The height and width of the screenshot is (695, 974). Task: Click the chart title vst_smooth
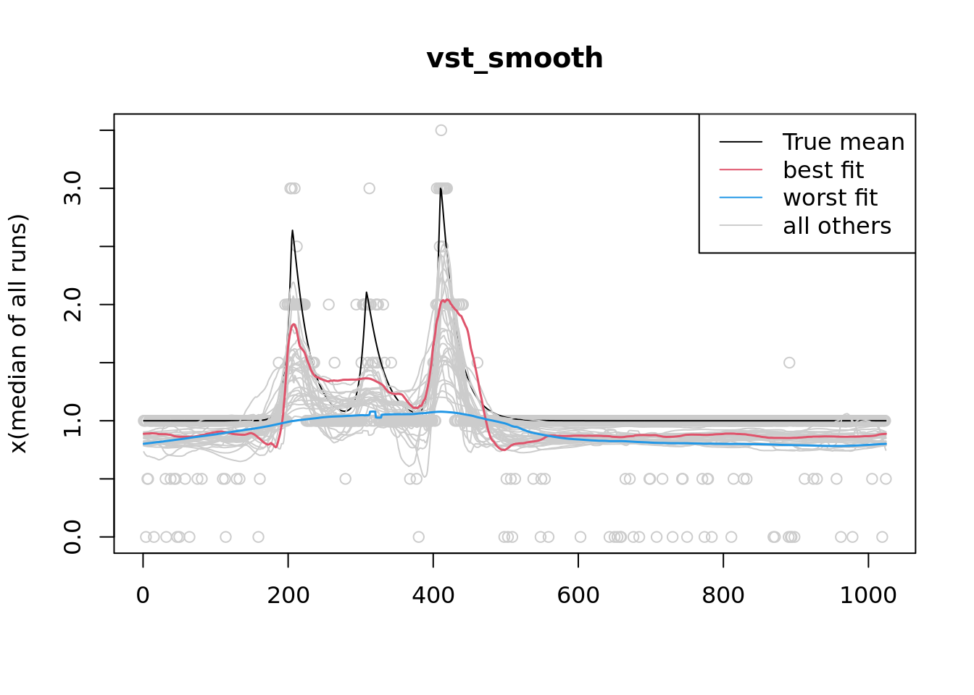(x=515, y=59)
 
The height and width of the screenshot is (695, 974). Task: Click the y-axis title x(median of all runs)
(x=19, y=334)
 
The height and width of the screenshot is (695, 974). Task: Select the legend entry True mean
(x=843, y=142)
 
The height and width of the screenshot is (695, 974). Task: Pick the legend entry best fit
(x=823, y=170)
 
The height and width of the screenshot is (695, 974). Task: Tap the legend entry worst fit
(x=830, y=198)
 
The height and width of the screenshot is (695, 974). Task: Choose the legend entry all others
(x=836, y=226)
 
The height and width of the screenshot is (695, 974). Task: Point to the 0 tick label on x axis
(x=143, y=595)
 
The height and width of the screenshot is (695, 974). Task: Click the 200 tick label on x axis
(x=288, y=595)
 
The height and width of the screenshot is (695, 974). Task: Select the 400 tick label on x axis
(x=433, y=595)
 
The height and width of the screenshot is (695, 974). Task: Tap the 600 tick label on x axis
(x=578, y=595)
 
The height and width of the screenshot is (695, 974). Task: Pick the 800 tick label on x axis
(x=723, y=595)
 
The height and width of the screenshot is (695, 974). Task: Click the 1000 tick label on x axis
(x=868, y=595)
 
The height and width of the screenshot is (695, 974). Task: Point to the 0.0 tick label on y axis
(x=72, y=537)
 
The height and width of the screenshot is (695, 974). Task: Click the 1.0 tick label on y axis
(x=72, y=421)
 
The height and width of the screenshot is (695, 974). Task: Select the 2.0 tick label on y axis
(x=72, y=305)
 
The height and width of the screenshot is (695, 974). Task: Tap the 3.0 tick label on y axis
(x=72, y=188)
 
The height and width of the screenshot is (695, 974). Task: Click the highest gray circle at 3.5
(x=441, y=130)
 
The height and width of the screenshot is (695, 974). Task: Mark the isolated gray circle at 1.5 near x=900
(x=789, y=363)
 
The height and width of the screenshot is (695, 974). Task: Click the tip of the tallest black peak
(x=441, y=188)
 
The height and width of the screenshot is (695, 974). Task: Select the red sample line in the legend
(x=741, y=170)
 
